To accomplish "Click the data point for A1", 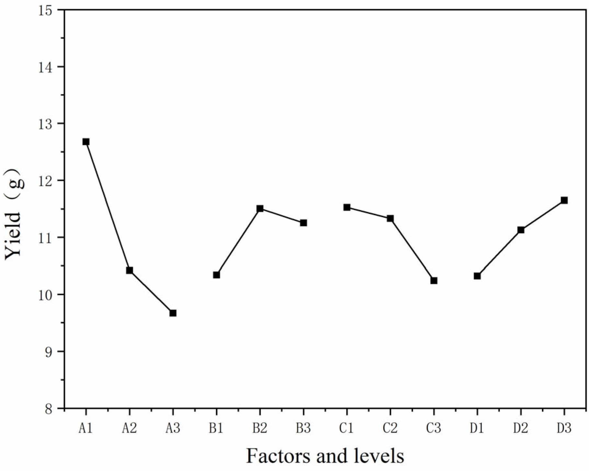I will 86,142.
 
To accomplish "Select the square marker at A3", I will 173,313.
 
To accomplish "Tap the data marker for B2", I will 260,208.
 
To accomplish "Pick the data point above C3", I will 434,280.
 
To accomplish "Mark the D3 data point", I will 564,200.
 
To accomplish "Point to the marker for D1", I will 477,276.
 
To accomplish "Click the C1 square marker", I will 347,207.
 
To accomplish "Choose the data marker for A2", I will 130,270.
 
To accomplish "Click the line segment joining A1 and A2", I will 108,206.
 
